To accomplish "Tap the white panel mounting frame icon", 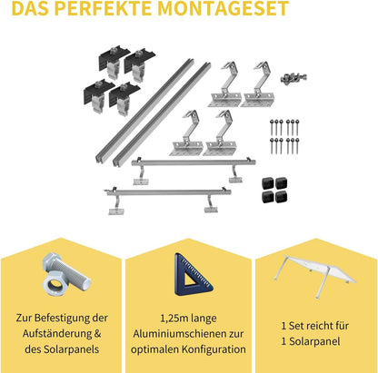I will pyautogui.click(x=314, y=273).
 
